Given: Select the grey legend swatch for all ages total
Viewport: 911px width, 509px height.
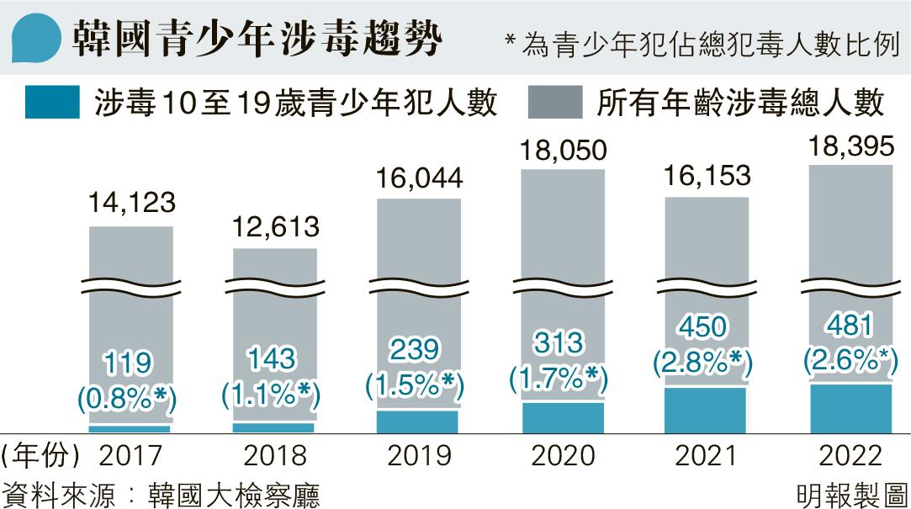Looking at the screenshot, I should pos(555,103).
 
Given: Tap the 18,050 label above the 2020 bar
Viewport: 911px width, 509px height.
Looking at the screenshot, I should pos(563,151).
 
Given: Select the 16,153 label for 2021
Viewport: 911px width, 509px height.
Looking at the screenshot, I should pos(707,178).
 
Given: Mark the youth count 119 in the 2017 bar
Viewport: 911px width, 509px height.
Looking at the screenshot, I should pos(130,364).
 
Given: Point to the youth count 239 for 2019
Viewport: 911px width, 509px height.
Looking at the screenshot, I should pos(418,352).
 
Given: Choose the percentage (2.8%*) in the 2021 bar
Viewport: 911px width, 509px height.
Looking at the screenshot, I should pos(704,360).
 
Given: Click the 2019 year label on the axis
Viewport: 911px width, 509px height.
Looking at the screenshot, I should pos(418,457).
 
